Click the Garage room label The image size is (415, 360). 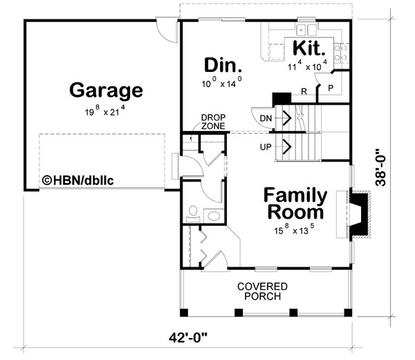point(106,91)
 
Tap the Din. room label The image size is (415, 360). point(223,66)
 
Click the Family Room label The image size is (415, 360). point(295,202)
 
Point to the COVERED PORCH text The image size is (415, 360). point(262,291)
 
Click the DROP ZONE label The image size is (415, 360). point(212,122)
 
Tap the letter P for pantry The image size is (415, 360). point(330,89)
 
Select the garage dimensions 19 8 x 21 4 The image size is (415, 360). point(106,111)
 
